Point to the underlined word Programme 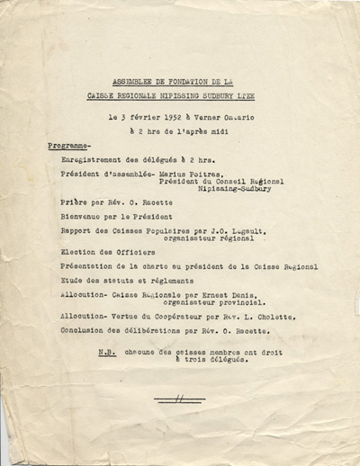coord(67,145)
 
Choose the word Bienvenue coord(78,220)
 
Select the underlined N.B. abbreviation coord(106,352)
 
